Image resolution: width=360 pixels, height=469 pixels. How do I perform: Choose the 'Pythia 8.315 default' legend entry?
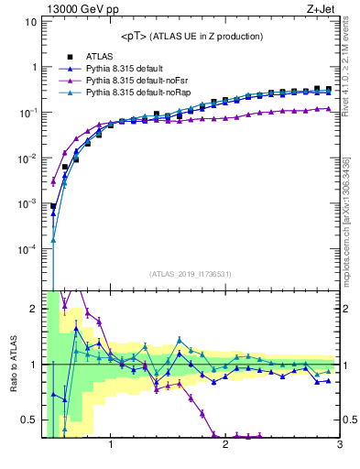point(127,69)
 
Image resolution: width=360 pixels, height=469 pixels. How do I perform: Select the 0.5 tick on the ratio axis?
point(31,420)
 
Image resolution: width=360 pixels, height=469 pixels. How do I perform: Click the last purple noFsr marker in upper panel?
point(328,108)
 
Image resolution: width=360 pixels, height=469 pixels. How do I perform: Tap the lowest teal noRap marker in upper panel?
point(53,241)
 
